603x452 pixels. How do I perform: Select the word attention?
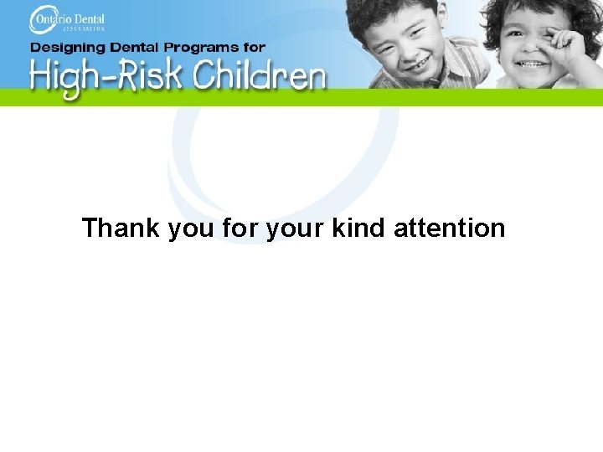coord(449,228)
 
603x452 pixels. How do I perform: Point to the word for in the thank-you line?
coord(242,228)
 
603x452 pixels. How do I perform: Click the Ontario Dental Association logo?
coord(67,18)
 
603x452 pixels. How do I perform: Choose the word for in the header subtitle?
coord(255,48)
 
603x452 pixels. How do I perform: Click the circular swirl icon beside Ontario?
coord(40,18)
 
